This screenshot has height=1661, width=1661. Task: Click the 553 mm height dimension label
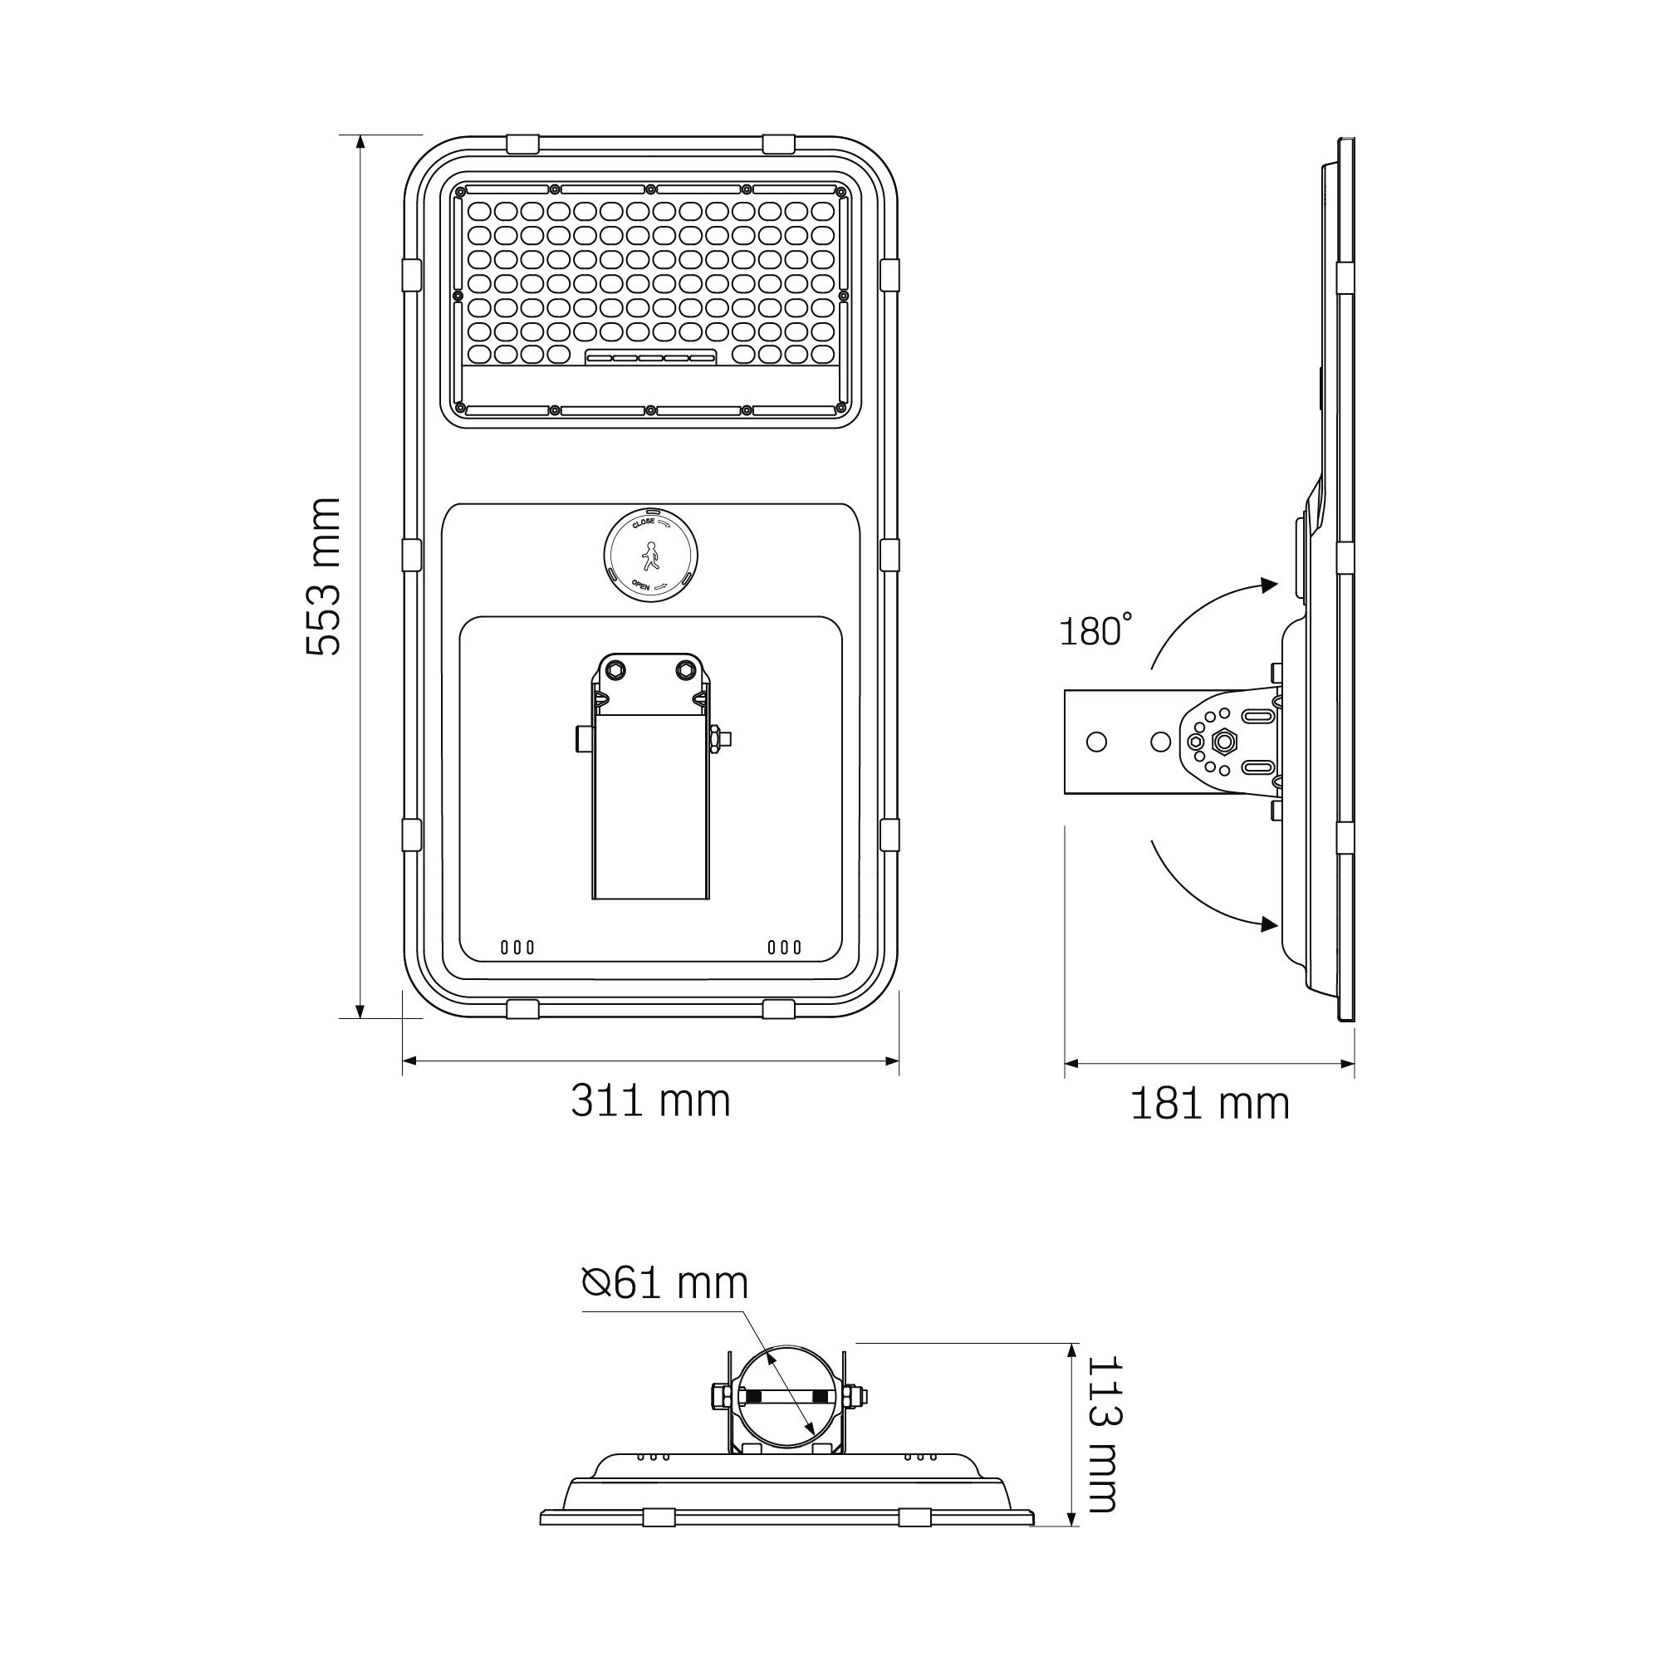[324, 577]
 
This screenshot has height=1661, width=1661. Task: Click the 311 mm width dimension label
[651, 1101]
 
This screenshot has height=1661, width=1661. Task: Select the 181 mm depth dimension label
[1210, 1105]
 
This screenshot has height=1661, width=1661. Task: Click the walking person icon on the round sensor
[651, 556]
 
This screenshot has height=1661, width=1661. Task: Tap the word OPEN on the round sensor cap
[641, 585]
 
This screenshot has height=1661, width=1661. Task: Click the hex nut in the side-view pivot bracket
[1222, 741]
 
